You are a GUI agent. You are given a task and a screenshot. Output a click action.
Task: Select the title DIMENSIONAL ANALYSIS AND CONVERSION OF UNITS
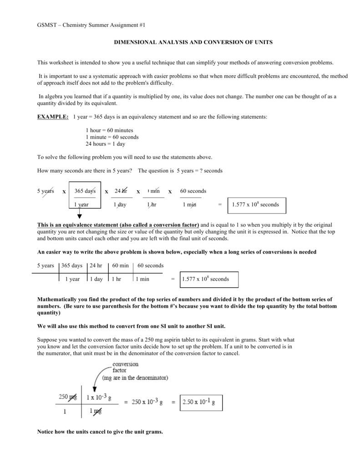[193, 42]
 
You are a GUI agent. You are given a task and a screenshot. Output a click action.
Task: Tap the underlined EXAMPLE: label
[53, 117]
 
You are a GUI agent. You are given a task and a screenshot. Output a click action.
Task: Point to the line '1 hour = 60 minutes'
[109, 130]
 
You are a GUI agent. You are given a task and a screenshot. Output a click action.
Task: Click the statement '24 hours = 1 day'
[105, 144]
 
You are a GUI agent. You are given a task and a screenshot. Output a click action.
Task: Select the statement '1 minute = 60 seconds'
[112, 137]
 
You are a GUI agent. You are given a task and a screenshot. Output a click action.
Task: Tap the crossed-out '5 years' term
[46, 191]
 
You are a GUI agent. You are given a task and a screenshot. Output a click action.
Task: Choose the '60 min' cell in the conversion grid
[120, 265]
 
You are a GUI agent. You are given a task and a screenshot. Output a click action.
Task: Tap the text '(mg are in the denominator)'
[135, 378]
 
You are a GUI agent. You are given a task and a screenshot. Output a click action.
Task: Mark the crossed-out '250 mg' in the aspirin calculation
[68, 397]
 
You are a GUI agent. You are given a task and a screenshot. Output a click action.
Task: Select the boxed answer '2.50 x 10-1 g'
[198, 402]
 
